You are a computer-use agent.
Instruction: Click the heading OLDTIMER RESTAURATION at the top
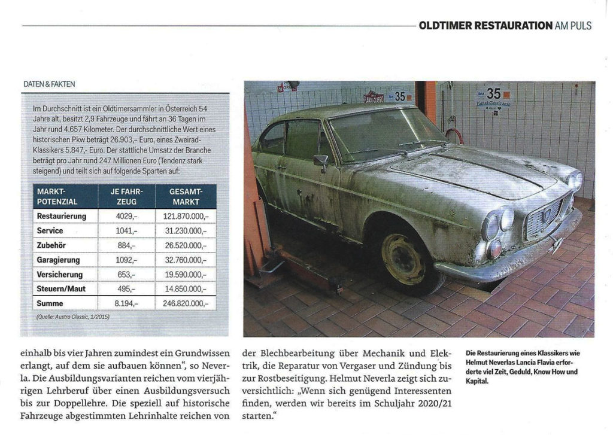coord(485,25)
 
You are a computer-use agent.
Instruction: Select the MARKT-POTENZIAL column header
coord(57,196)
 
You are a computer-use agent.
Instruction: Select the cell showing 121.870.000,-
coord(185,216)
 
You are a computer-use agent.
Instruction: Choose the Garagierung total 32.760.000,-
coord(185,260)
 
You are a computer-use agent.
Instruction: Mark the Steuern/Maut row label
coord(61,289)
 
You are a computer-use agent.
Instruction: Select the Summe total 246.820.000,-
coord(185,304)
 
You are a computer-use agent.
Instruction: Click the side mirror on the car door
coord(321,161)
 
